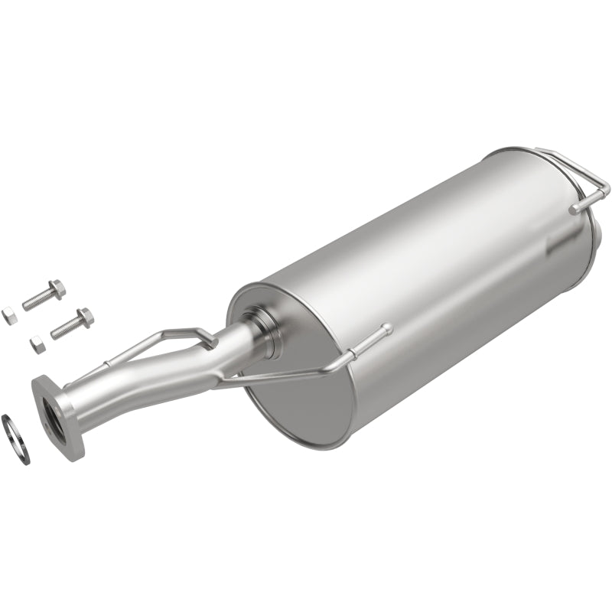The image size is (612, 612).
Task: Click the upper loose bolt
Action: pos(43,297)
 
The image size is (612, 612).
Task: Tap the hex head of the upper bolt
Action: pos(56,290)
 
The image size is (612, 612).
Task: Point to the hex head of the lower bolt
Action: pos(85,317)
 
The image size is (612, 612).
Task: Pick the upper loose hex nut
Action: pos(8,315)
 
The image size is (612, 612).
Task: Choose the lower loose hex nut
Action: pos(37,343)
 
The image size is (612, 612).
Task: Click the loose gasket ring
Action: pos(15,438)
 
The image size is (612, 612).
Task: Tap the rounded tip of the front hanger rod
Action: pos(386,329)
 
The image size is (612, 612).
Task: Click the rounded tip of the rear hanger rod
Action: pos(574,207)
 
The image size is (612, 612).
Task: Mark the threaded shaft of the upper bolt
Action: pos(36,300)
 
